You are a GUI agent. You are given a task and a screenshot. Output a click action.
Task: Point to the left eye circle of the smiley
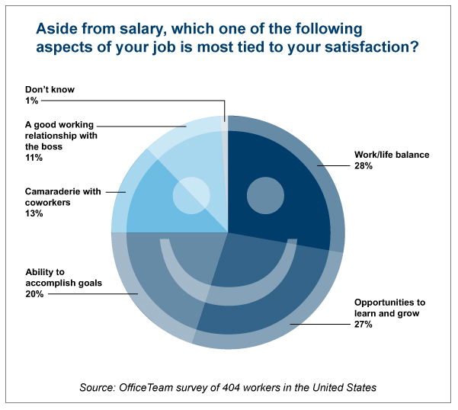(191, 194)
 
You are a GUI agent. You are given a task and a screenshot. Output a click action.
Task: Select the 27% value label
(363, 325)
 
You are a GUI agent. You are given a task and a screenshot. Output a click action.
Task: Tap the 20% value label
(34, 293)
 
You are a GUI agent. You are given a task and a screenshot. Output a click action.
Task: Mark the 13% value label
(34, 213)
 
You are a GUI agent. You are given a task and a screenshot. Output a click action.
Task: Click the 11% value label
(34, 158)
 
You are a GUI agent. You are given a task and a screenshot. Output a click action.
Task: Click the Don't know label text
(50, 89)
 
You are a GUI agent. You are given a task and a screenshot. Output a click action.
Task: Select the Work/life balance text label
(392, 155)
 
